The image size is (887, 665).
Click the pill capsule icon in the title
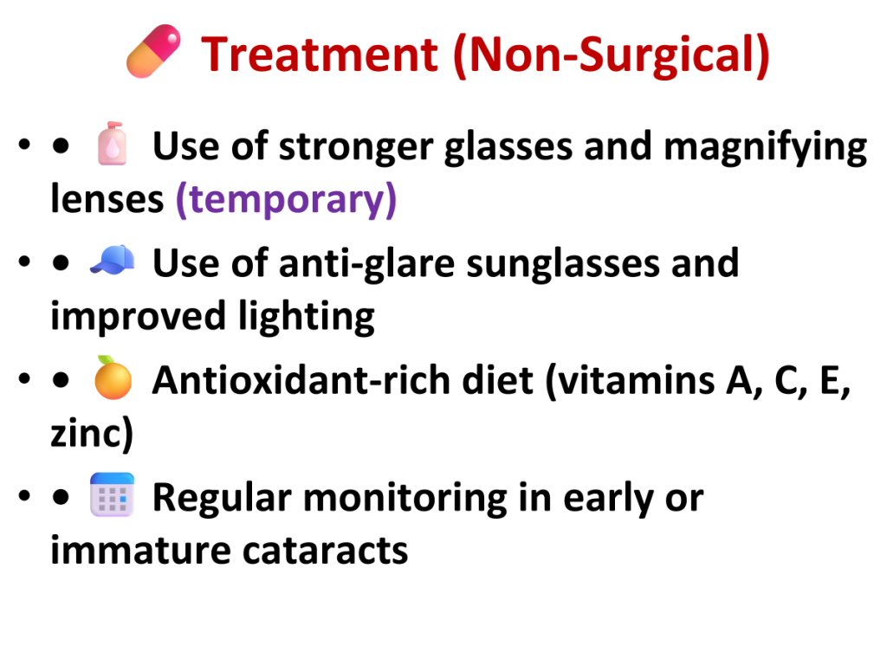(x=154, y=51)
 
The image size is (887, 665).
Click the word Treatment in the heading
(x=320, y=55)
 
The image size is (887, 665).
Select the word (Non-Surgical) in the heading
(x=612, y=55)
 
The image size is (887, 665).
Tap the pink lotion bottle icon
(x=113, y=144)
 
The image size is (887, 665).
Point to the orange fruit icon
(x=113, y=378)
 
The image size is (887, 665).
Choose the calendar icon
(x=112, y=494)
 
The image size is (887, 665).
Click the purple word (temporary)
(x=286, y=200)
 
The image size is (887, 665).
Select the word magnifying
(x=766, y=147)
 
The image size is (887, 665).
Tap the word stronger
(x=356, y=147)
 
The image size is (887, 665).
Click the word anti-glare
(x=366, y=264)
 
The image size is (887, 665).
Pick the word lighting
(x=306, y=317)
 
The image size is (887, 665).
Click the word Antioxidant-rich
(x=301, y=380)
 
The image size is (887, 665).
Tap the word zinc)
(x=92, y=433)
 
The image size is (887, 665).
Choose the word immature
(x=140, y=550)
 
